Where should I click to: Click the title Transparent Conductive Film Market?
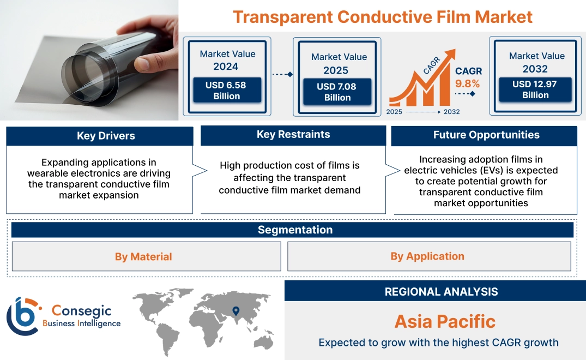(x=382, y=17)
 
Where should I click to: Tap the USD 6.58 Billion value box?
(x=226, y=91)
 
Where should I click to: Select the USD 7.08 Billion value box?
(x=337, y=92)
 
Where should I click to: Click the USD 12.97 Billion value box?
(x=535, y=89)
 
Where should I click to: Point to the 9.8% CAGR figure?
(x=467, y=83)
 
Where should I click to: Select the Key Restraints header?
(x=293, y=135)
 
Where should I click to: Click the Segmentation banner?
(x=295, y=230)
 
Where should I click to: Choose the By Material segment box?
(x=143, y=256)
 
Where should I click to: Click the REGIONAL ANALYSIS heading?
(x=441, y=292)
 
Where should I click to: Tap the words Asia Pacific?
(x=445, y=321)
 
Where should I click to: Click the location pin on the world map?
(x=235, y=311)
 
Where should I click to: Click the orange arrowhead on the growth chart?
(x=450, y=55)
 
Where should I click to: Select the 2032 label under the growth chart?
(x=451, y=112)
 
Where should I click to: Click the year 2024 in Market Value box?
(x=226, y=67)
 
